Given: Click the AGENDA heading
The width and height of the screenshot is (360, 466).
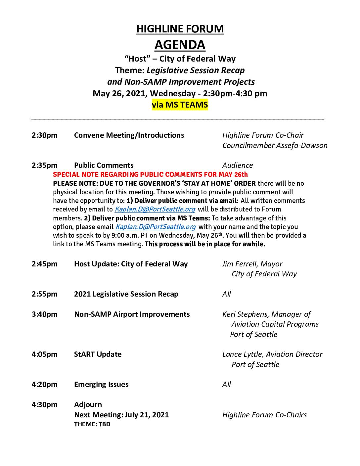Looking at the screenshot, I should click(x=180, y=45).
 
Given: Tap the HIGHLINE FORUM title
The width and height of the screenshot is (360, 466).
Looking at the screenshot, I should click(x=180, y=29).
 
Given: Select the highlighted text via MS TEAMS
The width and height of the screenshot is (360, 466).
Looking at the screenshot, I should click(x=180, y=105).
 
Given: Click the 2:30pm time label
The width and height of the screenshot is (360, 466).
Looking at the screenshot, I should click(x=45, y=135).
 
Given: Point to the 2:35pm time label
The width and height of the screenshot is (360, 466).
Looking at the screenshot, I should click(x=45, y=165).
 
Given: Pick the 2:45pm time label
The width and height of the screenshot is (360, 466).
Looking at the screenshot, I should click(x=45, y=264).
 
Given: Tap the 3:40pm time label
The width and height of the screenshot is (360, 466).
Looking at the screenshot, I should click(x=45, y=314).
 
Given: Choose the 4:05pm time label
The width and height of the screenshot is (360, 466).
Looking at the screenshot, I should click(x=45, y=354).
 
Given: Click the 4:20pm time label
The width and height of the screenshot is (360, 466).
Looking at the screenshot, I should click(x=45, y=384).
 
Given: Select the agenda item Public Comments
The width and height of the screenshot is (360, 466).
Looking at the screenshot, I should click(x=104, y=165).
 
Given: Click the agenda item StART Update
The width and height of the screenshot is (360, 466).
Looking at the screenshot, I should click(x=98, y=354).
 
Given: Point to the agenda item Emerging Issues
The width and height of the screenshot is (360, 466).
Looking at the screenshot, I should click(x=101, y=384).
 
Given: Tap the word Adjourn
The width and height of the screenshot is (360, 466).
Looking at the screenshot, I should click(x=88, y=404).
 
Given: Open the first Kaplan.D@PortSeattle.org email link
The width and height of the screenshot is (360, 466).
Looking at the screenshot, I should click(x=155, y=209).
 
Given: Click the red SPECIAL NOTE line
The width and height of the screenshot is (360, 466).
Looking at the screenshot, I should click(x=150, y=174).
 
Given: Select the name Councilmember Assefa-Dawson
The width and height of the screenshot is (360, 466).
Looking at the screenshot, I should click(x=275, y=145).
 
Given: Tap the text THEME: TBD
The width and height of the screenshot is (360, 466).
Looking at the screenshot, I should click(x=92, y=424).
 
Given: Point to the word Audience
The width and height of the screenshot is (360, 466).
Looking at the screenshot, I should click(x=238, y=165).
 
